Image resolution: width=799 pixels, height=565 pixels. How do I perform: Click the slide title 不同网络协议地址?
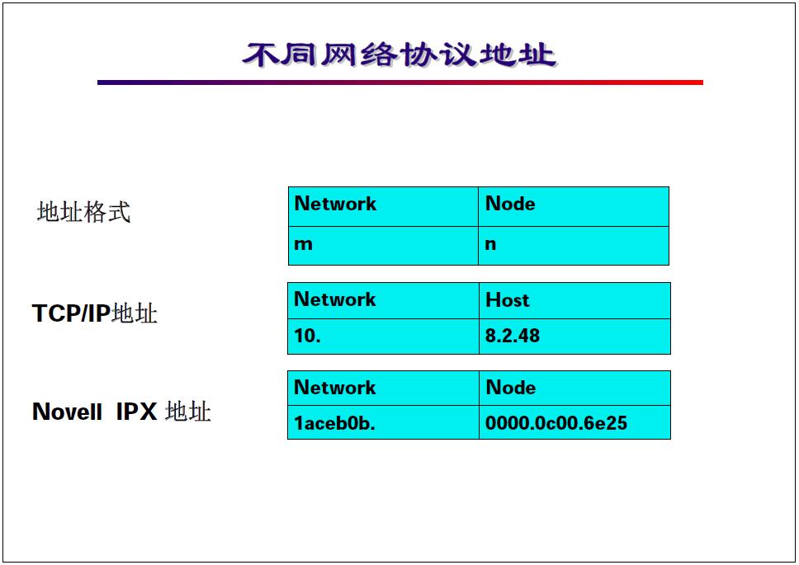click(x=399, y=54)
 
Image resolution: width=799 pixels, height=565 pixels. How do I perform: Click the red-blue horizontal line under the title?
click(x=399, y=82)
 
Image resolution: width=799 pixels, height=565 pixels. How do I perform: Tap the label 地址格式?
click(x=83, y=212)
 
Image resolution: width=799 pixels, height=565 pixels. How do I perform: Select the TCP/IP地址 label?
click(x=94, y=313)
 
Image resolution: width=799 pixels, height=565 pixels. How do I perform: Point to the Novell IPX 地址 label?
click(x=121, y=411)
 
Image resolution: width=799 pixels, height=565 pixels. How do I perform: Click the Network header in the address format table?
click(x=383, y=206)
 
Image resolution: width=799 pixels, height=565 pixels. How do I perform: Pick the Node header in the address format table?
click(x=573, y=206)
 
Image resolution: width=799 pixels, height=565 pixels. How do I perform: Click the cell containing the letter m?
click(x=383, y=246)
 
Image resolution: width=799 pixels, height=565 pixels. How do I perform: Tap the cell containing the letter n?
click(x=573, y=246)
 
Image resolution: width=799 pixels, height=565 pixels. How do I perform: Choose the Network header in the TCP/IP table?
click(x=383, y=300)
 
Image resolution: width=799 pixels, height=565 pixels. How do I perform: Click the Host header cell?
click(x=574, y=300)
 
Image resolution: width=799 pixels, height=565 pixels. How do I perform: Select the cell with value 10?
click(x=383, y=337)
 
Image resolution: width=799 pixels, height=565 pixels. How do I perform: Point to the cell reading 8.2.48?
click(x=574, y=337)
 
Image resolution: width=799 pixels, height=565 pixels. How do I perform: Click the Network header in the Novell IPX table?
click(x=383, y=388)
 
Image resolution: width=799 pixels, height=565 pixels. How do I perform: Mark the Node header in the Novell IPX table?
click(x=574, y=388)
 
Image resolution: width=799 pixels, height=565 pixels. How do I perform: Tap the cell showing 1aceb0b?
click(x=383, y=423)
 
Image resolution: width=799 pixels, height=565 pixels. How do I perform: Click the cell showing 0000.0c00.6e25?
click(x=574, y=423)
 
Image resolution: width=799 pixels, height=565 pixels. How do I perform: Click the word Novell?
click(x=67, y=412)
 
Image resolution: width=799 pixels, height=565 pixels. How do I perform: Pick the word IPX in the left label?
click(x=136, y=412)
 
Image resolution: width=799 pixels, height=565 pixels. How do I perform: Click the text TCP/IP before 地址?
click(x=71, y=313)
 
